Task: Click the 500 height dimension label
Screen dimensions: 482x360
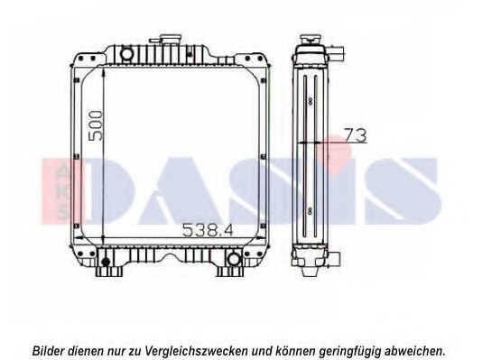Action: [95, 126]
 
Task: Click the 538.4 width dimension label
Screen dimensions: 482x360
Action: [208, 230]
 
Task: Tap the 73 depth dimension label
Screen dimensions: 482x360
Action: [356, 135]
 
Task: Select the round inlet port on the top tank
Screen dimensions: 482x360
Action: [126, 54]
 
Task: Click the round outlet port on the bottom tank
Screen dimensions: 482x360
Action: [234, 258]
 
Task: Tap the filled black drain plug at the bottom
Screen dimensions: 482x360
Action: [106, 262]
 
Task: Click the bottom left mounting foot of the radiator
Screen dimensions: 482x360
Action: [109, 272]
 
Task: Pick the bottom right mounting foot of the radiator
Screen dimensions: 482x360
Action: [230, 272]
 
